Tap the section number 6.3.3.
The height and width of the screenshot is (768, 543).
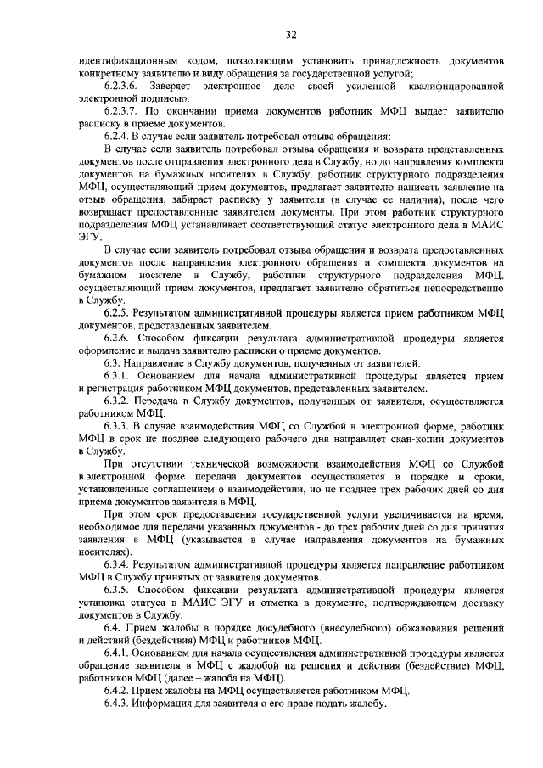point(119,424)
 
